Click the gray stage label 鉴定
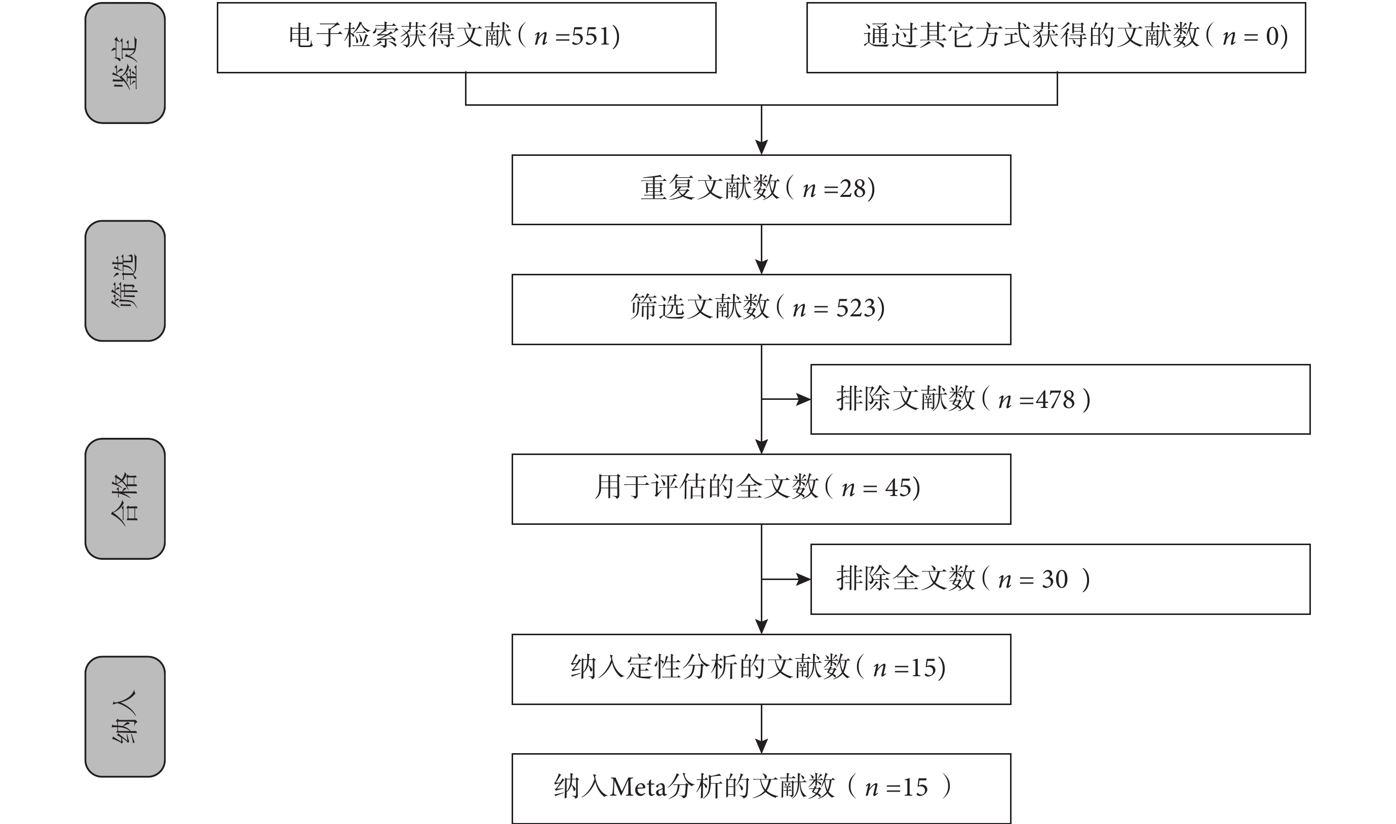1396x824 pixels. click(125, 63)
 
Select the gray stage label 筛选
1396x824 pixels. click(125, 281)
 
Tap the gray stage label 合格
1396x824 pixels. click(125, 499)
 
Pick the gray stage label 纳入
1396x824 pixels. click(125, 717)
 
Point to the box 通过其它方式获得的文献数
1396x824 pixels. click(1056, 38)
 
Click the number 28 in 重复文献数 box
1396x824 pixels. click(852, 189)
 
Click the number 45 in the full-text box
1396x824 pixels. click(899, 488)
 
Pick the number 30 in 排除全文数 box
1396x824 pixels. click(1055, 580)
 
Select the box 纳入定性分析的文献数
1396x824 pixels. click(761, 670)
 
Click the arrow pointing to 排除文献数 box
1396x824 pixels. click(786, 399)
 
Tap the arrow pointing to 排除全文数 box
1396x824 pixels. click(786, 579)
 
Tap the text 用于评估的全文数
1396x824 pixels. click(707, 487)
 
